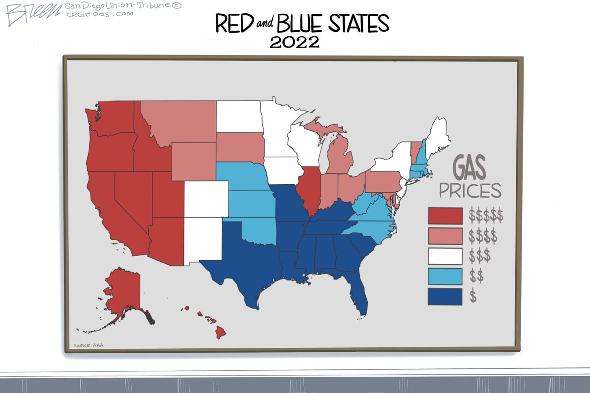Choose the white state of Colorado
point(206,199)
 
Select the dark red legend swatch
point(445,216)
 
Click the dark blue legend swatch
point(445,296)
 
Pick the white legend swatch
point(445,256)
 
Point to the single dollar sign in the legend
point(473,296)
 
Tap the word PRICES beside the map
point(470,191)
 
